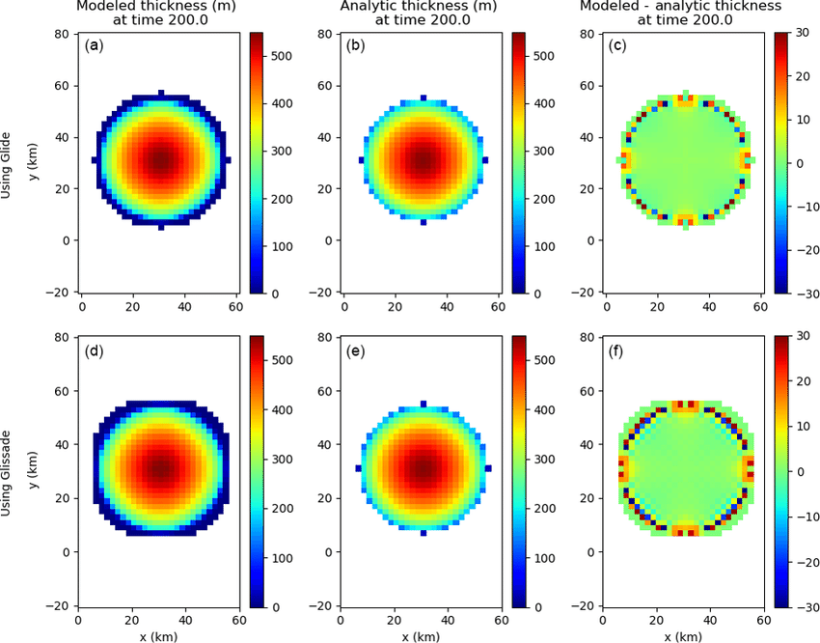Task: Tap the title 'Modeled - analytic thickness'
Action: tap(683, 8)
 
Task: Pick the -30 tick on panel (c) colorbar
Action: tap(806, 293)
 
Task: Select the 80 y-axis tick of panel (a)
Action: tap(59, 34)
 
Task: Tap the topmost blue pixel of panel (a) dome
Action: tap(161, 93)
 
